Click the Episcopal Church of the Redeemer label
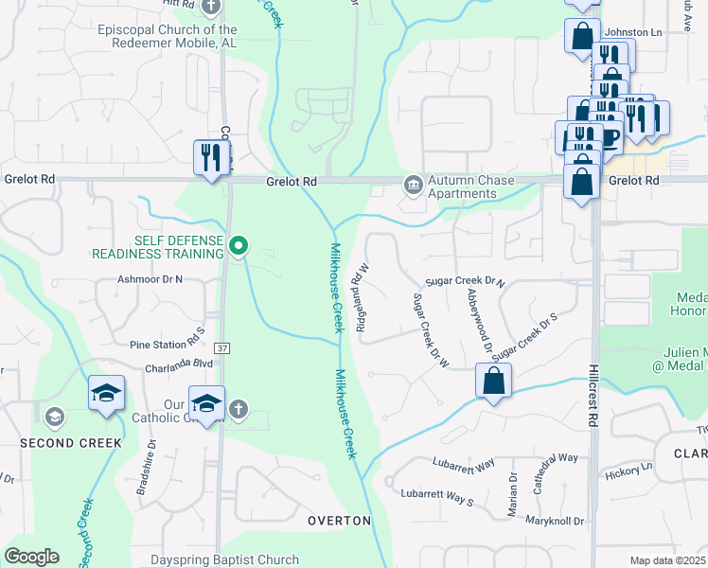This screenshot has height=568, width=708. pyautogui.click(x=168, y=36)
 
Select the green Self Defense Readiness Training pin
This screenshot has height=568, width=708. pyautogui.click(x=239, y=247)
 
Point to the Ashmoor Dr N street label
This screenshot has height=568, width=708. pyautogui.click(x=150, y=279)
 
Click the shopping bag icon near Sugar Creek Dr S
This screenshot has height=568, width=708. pyautogui.click(x=493, y=382)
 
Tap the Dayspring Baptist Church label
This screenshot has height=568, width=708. pyautogui.click(x=224, y=559)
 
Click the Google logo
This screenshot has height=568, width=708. pyautogui.click(x=32, y=557)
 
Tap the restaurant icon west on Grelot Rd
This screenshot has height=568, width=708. pyautogui.click(x=211, y=157)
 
